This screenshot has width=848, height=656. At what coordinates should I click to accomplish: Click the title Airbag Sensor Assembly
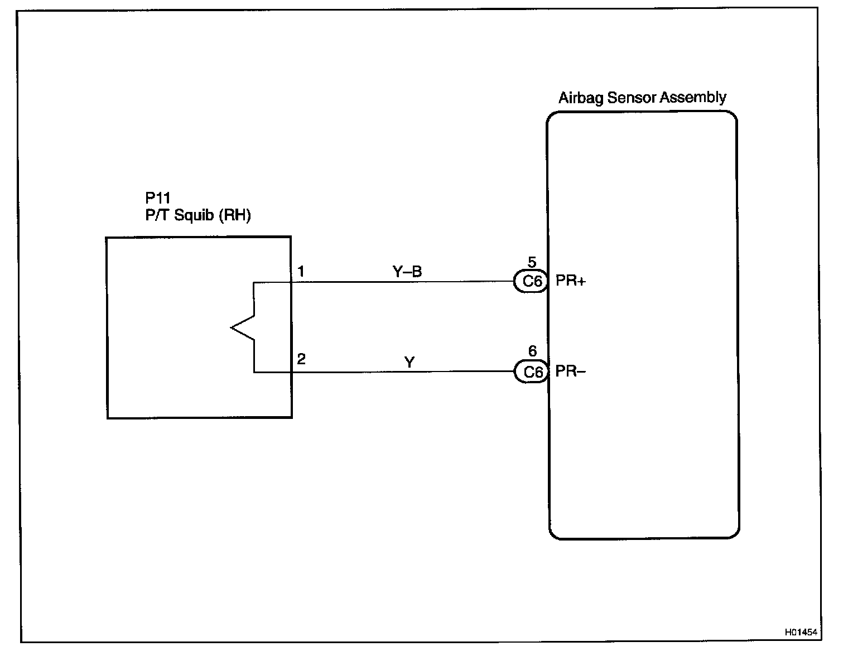pos(642,98)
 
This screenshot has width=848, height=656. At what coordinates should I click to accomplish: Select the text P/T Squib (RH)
pos(198,215)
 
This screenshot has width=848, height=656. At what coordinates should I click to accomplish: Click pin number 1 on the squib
pos(301,272)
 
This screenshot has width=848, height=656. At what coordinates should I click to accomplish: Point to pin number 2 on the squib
pos(301,359)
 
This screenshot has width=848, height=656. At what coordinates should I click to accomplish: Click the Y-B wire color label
pos(407,272)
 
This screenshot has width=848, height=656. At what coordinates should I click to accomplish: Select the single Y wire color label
pos(409,363)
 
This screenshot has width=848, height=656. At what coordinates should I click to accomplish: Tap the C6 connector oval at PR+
pos(532,282)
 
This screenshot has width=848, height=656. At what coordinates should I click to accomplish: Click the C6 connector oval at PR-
pos(532,372)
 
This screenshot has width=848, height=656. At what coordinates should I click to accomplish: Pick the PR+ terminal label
pos(570,281)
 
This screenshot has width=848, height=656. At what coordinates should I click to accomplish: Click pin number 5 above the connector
pos(532,262)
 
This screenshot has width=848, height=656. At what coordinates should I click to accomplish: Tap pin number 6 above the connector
pos(532,351)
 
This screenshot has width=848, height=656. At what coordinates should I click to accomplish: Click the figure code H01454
pos(801,633)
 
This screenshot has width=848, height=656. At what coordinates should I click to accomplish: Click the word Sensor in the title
pos(632,98)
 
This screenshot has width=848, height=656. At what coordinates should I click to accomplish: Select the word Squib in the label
pos(195,215)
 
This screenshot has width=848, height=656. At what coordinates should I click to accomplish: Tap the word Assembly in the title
pos(693,98)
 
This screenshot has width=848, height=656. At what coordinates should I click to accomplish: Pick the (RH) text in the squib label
pos(234,215)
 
